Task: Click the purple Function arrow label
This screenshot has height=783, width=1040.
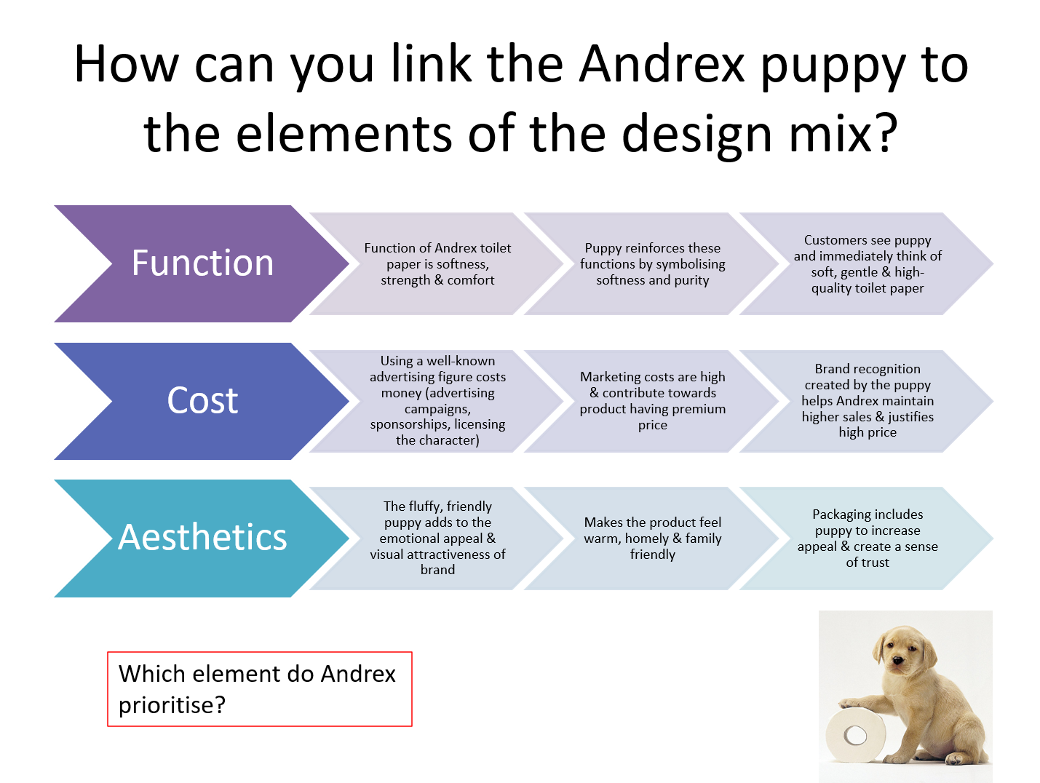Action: pos(202,263)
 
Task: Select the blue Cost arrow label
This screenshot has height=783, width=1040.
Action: pos(202,401)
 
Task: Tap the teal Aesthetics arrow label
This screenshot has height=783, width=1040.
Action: pos(202,538)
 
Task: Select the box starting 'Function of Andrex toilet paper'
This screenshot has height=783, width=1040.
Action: pos(437,263)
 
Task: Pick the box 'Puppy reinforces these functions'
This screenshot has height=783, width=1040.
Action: pos(652,263)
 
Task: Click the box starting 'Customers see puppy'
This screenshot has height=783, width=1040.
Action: pos(867,263)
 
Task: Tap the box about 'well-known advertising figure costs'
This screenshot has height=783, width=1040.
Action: pos(437,401)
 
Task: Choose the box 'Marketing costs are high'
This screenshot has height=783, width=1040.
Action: pos(652,401)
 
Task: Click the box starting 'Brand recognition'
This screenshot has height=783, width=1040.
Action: pos(867,401)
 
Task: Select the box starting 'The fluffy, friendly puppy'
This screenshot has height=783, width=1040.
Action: pos(437,538)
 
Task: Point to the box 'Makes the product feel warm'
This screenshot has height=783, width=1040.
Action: pos(652,538)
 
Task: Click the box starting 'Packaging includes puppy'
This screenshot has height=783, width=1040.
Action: pos(867,538)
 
